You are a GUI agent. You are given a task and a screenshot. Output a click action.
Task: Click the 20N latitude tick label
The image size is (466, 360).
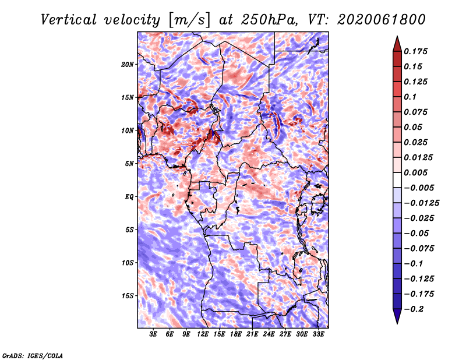tap(128, 65)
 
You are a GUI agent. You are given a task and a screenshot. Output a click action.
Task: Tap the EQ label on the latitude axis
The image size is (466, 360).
tap(129, 197)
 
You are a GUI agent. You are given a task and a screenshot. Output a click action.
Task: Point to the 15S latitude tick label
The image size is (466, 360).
tap(128, 296)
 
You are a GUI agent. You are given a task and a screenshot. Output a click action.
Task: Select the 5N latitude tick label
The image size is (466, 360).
tap(129, 164)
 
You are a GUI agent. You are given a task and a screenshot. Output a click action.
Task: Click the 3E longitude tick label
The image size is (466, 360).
tap(153, 334)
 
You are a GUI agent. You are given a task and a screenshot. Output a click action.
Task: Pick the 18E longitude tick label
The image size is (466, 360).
tap(236, 334)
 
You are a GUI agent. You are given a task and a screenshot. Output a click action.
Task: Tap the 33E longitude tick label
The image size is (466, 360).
tap(318, 334)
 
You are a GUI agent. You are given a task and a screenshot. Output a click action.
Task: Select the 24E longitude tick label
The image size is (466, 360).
tap(269, 334)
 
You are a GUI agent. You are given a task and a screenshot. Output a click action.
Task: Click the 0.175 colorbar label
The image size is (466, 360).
tap(416, 51)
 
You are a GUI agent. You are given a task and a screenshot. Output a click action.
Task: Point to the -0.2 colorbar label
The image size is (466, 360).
tap(414, 309)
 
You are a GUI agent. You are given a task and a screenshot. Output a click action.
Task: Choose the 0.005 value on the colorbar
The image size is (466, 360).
tap(416, 172)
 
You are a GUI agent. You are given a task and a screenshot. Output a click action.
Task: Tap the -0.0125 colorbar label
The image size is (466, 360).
tap(421, 203)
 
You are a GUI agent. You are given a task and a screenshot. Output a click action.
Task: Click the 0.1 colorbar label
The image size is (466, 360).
tap(410, 97)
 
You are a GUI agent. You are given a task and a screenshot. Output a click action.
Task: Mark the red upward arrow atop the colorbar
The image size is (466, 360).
tap(397, 44)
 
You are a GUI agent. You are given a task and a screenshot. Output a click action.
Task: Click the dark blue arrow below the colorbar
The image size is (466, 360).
tap(397, 316)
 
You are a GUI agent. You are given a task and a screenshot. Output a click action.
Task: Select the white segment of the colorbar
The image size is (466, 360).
tap(397, 180)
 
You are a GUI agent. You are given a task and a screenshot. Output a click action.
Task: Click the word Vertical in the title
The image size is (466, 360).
tap(69, 20)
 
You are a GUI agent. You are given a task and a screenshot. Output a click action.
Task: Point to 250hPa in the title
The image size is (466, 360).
tap(268, 20)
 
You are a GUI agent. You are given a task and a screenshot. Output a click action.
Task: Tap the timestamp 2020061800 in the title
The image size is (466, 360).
tap(382, 20)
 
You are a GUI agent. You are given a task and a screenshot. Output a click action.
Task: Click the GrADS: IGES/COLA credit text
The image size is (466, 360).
tap(33, 356)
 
